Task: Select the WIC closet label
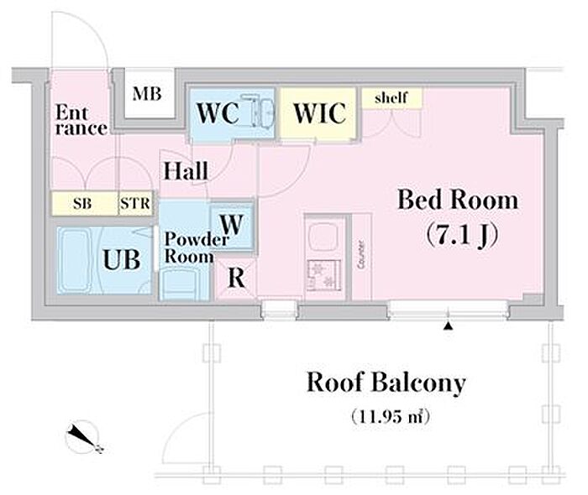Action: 319,112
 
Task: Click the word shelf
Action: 391,98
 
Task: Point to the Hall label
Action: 186,171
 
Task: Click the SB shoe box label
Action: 84,203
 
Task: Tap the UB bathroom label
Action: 122,259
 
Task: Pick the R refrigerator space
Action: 237,279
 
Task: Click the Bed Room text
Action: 457,201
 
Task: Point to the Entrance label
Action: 81,120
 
